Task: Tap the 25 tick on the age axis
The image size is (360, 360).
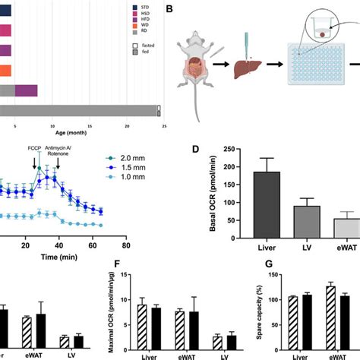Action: (159, 122)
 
